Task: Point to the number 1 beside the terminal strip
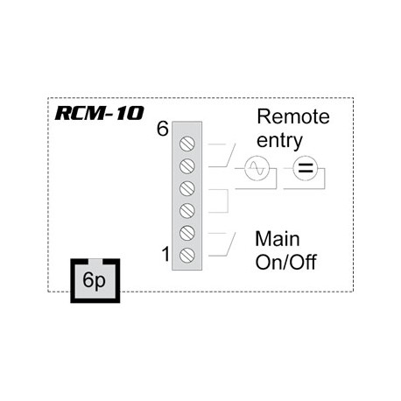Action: click(165, 255)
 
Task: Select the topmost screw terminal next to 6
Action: click(186, 143)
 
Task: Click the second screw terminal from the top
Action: click(186, 165)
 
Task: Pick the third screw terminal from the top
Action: click(186, 187)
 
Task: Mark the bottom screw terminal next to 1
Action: click(186, 255)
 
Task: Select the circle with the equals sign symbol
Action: click(305, 168)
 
